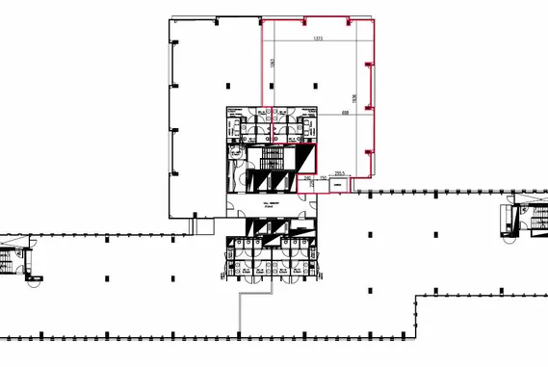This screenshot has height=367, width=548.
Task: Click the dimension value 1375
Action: coord(317,39)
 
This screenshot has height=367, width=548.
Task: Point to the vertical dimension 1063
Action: coord(274,63)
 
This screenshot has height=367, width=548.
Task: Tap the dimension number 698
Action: coord(344,113)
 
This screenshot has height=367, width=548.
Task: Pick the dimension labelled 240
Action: coord(307,178)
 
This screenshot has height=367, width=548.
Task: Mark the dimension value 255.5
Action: coord(340,173)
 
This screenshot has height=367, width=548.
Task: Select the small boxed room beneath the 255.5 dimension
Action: coord(341,185)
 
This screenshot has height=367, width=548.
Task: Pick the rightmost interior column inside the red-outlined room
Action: coord(319,86)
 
